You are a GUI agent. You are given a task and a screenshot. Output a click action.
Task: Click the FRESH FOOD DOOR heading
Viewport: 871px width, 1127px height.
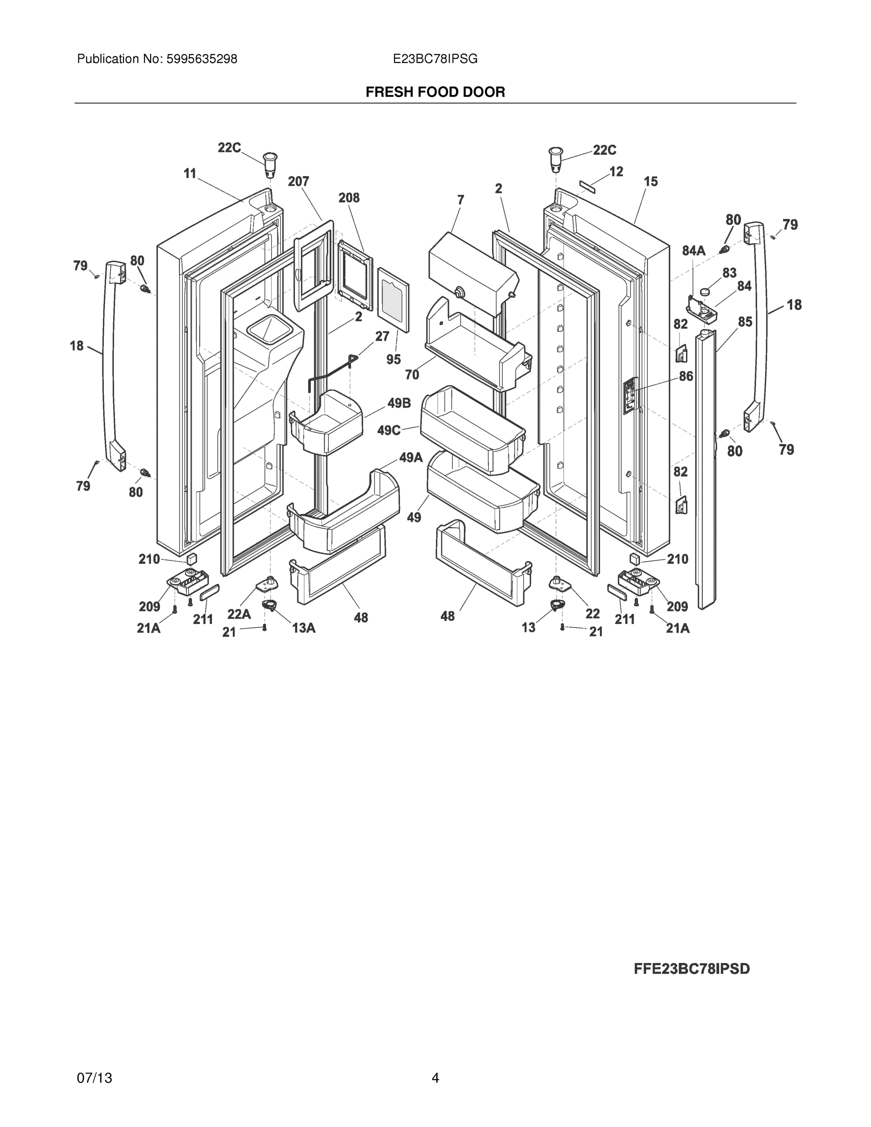pyautogui.click(x=435, y=93)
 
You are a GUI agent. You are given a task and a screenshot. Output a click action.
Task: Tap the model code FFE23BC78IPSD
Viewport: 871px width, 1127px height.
pyautogui.click(x=692, y=969)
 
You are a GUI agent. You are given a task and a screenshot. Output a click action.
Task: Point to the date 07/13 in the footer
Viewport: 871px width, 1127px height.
pyautogui.click(x=94, y=1078)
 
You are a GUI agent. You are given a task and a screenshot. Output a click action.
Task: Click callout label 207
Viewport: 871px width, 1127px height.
pyautogui.click(x=298, y=182)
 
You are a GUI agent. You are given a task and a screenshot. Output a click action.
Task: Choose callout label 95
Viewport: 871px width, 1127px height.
pyautogui.click(x=393, y=359)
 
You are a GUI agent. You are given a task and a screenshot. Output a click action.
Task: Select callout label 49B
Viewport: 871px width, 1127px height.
pyautogui.click(x=399, y=403)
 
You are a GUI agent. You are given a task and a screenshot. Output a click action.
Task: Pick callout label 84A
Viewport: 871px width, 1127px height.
pyautogui.click(x=694, y=251)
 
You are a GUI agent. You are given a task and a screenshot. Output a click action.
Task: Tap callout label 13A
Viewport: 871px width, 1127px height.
pyautogui.click(x=303, y=627)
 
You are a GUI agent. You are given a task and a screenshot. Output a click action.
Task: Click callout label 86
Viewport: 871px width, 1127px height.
pyautogui.click(x=686, y=376)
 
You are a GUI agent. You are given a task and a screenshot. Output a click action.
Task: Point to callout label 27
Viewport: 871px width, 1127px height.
pyautogui.click(x=382, y=336)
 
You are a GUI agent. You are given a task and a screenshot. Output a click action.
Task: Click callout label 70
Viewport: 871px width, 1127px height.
pyautogui.click(x=412, y=375)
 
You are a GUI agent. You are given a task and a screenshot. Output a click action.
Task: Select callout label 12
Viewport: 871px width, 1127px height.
pyautogui.click(x=616, y=171)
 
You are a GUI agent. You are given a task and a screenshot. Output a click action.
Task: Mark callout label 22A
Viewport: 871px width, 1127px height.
pyautogui.click(x=239, y=614)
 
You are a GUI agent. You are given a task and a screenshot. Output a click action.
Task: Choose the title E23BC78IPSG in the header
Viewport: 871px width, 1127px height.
pyautogui.click(x=435, y=59)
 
